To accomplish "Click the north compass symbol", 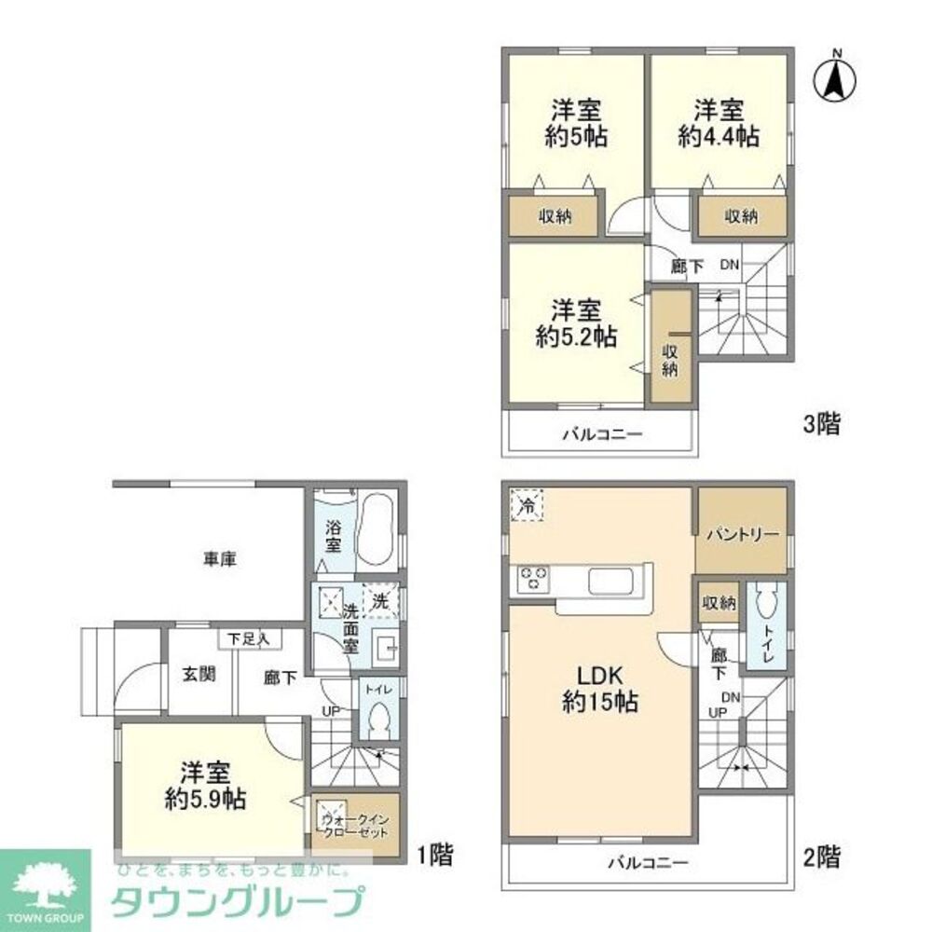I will (837, 77).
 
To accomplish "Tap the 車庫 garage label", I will (219, 559).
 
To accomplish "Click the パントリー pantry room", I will (741, 535).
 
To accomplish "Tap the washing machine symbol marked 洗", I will (380, 601).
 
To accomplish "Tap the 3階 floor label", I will (822, 425).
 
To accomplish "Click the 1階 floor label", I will (435, 852).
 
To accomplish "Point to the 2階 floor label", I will (822, 856).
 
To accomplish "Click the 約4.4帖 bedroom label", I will (719, 121).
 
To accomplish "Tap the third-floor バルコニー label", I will (601, 434).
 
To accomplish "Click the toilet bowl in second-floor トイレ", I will (764, 609).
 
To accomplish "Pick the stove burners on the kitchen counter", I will (534, 579).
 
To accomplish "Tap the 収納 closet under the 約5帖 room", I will (555, 216).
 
